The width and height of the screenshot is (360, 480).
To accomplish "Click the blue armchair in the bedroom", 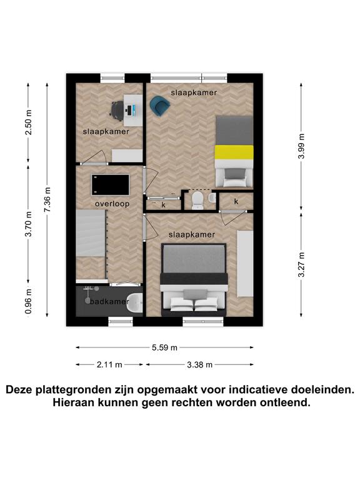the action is pyautogui.click(x=159, y=106).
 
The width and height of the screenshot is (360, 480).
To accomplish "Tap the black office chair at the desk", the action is pyautogui.click(x=117, y=109).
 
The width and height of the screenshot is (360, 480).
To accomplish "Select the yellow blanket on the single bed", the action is pyautogui.click(x=234, y=152).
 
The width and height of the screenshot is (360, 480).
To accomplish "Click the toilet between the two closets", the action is pyautogui.click(x=197, y=201).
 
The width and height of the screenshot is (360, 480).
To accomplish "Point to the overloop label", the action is pyautogui.click(x=112, y=204).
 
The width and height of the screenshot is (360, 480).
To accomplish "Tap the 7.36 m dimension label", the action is pyautogui.click(x=47, y=200).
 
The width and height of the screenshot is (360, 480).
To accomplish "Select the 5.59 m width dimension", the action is pyautogui.click(x=165, y=347).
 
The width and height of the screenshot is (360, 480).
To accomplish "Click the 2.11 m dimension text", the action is pyautogui.click(x=109, y=364).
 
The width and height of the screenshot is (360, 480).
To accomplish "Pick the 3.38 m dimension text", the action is pyautogui.click(x=199, y=364).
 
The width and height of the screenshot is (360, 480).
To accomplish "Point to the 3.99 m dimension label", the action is pyautogui.click(x=301, y=146).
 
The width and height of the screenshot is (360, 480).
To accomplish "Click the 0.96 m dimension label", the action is pyautogui.click(x=28, y=301).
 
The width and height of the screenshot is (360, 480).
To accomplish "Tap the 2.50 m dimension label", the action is pyautogui.click(x=28, y=122).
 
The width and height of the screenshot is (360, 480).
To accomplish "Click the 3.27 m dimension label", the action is pyautogui.click(x=301, y=264).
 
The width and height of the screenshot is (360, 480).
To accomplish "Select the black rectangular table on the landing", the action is pyautogui.click(x=111, y=185).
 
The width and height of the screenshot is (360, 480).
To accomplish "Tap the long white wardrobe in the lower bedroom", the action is pyautogui.click(x=245, y=263).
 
